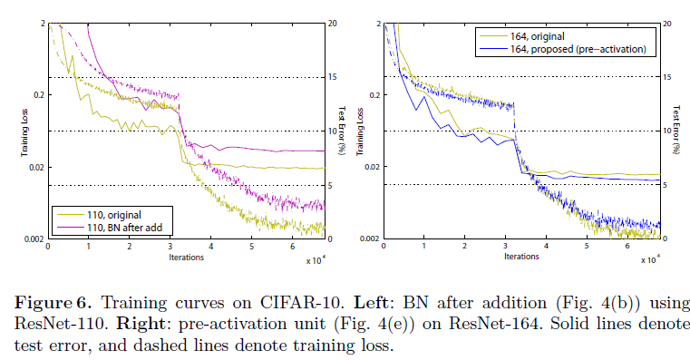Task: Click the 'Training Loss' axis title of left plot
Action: point(24,131)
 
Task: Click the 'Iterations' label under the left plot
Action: point(186,257)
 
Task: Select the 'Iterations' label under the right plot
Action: point(522,257)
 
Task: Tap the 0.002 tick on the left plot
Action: point(32,239)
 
